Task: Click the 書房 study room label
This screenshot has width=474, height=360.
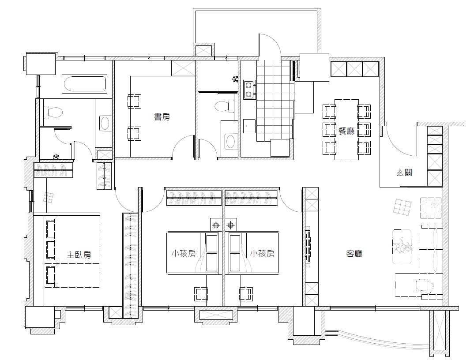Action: coord(162,116)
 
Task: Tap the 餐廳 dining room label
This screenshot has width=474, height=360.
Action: coord(346,131)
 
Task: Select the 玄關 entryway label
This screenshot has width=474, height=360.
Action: coord(404,172)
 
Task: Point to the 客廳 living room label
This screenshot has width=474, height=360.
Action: coord(354,253)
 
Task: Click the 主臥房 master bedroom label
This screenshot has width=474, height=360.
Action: coord(79,255)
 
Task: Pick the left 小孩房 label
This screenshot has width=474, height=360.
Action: coord(184,253)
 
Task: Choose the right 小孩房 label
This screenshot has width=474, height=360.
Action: coord(262,253)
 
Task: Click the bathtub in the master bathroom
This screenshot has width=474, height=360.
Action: coord(85,84)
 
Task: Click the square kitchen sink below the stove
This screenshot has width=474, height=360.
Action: coord(249,126)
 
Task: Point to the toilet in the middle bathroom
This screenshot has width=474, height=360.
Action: coord(224,106)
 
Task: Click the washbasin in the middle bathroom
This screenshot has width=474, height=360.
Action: coord(231,141)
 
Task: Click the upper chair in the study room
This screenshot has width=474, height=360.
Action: coord(134,101)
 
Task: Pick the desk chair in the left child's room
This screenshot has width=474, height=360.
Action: coord(200,294)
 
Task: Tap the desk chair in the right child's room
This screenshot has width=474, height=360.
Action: coord(246,294)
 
